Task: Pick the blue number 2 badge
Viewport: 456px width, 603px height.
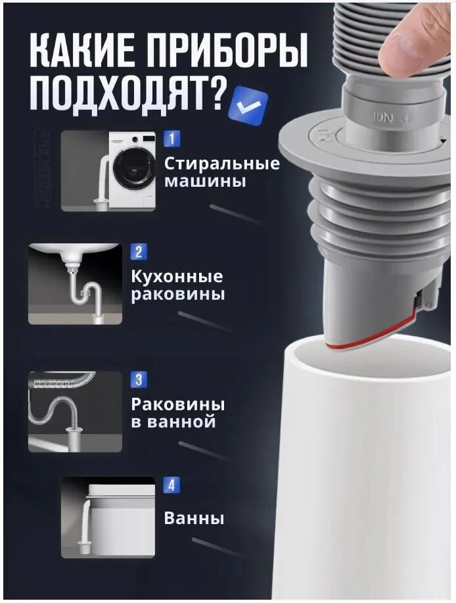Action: [x=139, y=252]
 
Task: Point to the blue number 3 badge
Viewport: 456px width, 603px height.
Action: [x=139, y=379]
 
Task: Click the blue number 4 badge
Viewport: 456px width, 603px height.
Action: [x=171, y=486]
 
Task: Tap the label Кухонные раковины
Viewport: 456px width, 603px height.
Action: [x=177, y=285]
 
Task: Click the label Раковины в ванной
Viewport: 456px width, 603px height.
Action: [x=177, y=412]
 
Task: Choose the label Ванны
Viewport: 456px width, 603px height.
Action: [x=194, y=518]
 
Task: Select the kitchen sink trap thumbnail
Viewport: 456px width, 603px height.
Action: [x=75, y=284]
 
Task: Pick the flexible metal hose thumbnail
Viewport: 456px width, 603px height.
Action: [x=75, y=412]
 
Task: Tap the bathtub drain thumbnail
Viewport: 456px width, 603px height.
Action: [x=108, y=517]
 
